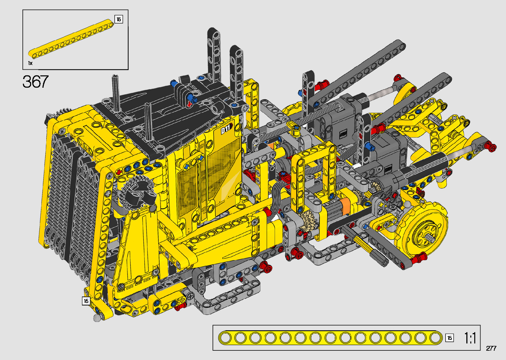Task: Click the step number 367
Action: (x=35, y=82)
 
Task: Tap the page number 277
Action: (x=491, y=348)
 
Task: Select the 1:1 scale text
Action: (x=470, y=338)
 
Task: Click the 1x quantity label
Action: (x=30, y=63)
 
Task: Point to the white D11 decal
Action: (x=226, y=129)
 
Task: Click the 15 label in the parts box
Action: (x=119, y=19)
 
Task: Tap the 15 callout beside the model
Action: (x=86, y=301)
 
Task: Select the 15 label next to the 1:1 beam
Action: (x=449, y=338)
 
